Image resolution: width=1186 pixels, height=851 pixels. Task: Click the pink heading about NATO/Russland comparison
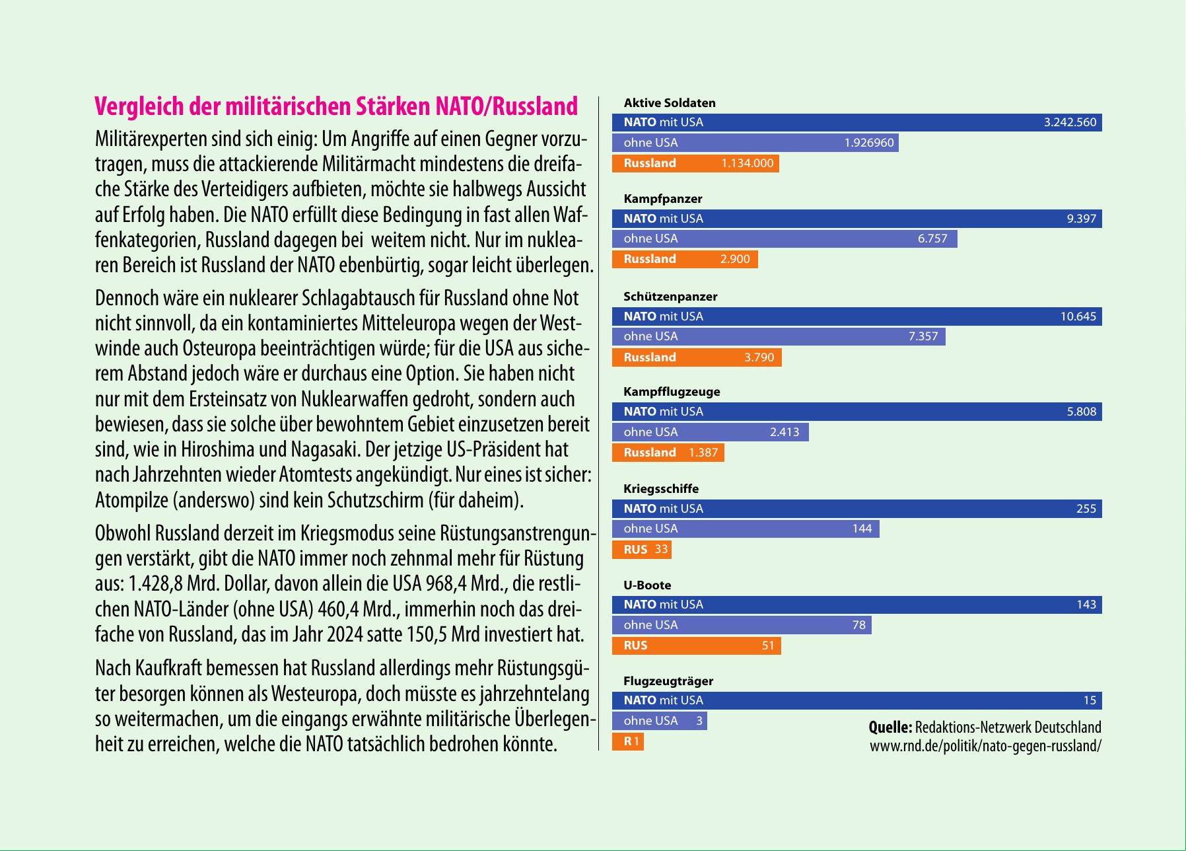[336, 106]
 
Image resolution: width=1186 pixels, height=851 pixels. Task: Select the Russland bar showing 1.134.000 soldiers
[695, 163]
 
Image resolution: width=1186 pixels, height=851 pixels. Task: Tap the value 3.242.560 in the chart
[1069, 122]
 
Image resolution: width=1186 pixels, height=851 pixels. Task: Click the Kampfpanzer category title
[662, 199]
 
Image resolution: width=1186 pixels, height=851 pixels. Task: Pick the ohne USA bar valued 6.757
[784, 239]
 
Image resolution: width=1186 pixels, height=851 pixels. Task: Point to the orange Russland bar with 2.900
[684, 259]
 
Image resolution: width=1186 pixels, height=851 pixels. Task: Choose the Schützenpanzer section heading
[670, 297]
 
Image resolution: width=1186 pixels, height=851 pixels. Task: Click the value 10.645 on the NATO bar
[1078, 316]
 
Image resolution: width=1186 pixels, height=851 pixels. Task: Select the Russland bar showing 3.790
[696, 357]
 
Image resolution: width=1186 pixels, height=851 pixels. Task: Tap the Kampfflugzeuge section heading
[672, 392]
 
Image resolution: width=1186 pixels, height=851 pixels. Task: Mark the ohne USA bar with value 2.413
[710, 432]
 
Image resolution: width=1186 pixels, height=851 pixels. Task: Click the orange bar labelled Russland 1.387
[668, 453]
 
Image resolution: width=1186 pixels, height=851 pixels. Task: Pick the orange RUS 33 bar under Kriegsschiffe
[641, 550]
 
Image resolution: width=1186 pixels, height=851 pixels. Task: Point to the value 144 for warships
[862, 529]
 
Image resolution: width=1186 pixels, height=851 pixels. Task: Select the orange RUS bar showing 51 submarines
[696, 646]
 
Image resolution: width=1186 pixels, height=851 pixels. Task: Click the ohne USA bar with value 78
[741, 625]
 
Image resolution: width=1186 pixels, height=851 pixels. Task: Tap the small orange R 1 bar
[627, 741]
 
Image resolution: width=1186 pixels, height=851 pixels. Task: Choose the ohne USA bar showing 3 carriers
[659, 721]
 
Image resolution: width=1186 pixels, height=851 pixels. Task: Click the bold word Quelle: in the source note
[890, 727]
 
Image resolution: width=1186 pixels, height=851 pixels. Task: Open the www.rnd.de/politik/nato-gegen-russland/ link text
[985, 747]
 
